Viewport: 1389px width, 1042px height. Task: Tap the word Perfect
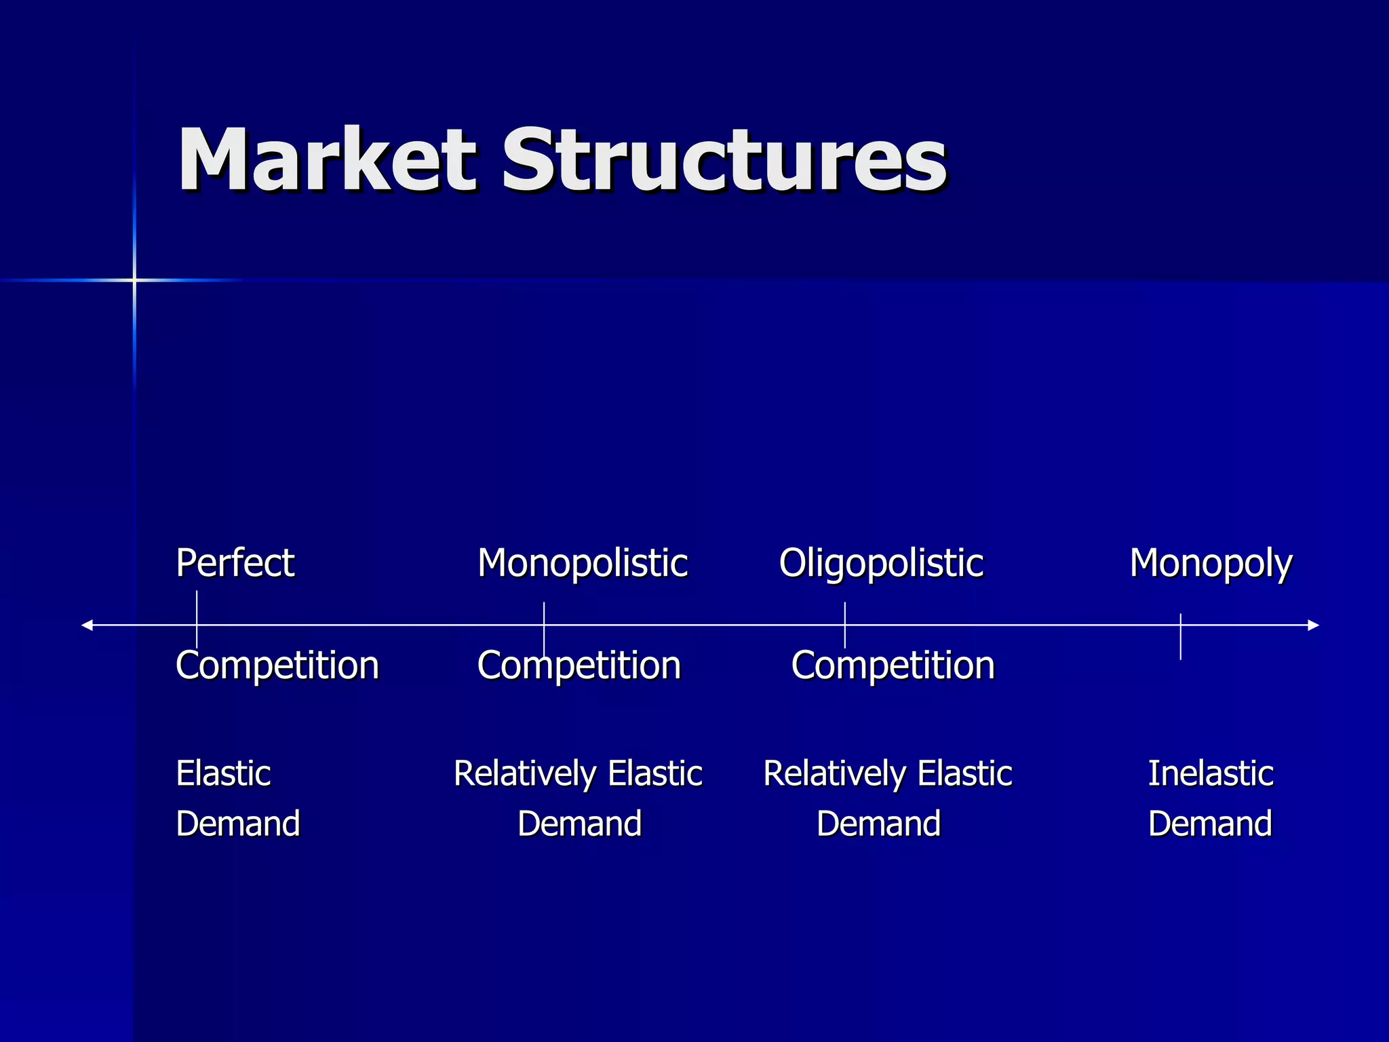tap(235, 563)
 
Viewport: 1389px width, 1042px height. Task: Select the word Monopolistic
tap(582, 563)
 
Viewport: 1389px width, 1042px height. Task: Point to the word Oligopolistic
tap(880, 563)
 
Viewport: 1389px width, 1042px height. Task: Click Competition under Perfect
tap(277, 665)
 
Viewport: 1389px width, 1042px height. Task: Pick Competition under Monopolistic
tap(579, 665)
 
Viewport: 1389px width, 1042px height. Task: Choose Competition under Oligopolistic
tap(893, 665)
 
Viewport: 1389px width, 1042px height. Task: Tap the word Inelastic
tap(1211, 773)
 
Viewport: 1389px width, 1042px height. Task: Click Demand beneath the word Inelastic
tap(1210, 824)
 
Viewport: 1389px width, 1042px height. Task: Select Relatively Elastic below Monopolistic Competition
tap(578, 773)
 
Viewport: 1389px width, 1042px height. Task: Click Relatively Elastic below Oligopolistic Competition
tap(887, 773)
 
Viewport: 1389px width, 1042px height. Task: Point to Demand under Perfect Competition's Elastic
tap(237, 824)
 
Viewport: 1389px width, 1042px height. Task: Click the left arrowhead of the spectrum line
tap(87, 625)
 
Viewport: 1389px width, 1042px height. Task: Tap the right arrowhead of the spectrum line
tap(1313, 625)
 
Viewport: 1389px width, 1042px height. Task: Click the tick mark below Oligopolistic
tap(844, 625)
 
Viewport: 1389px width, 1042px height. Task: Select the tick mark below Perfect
tap(197, 620)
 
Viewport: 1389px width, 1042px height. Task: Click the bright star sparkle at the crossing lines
tap(134, 279)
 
